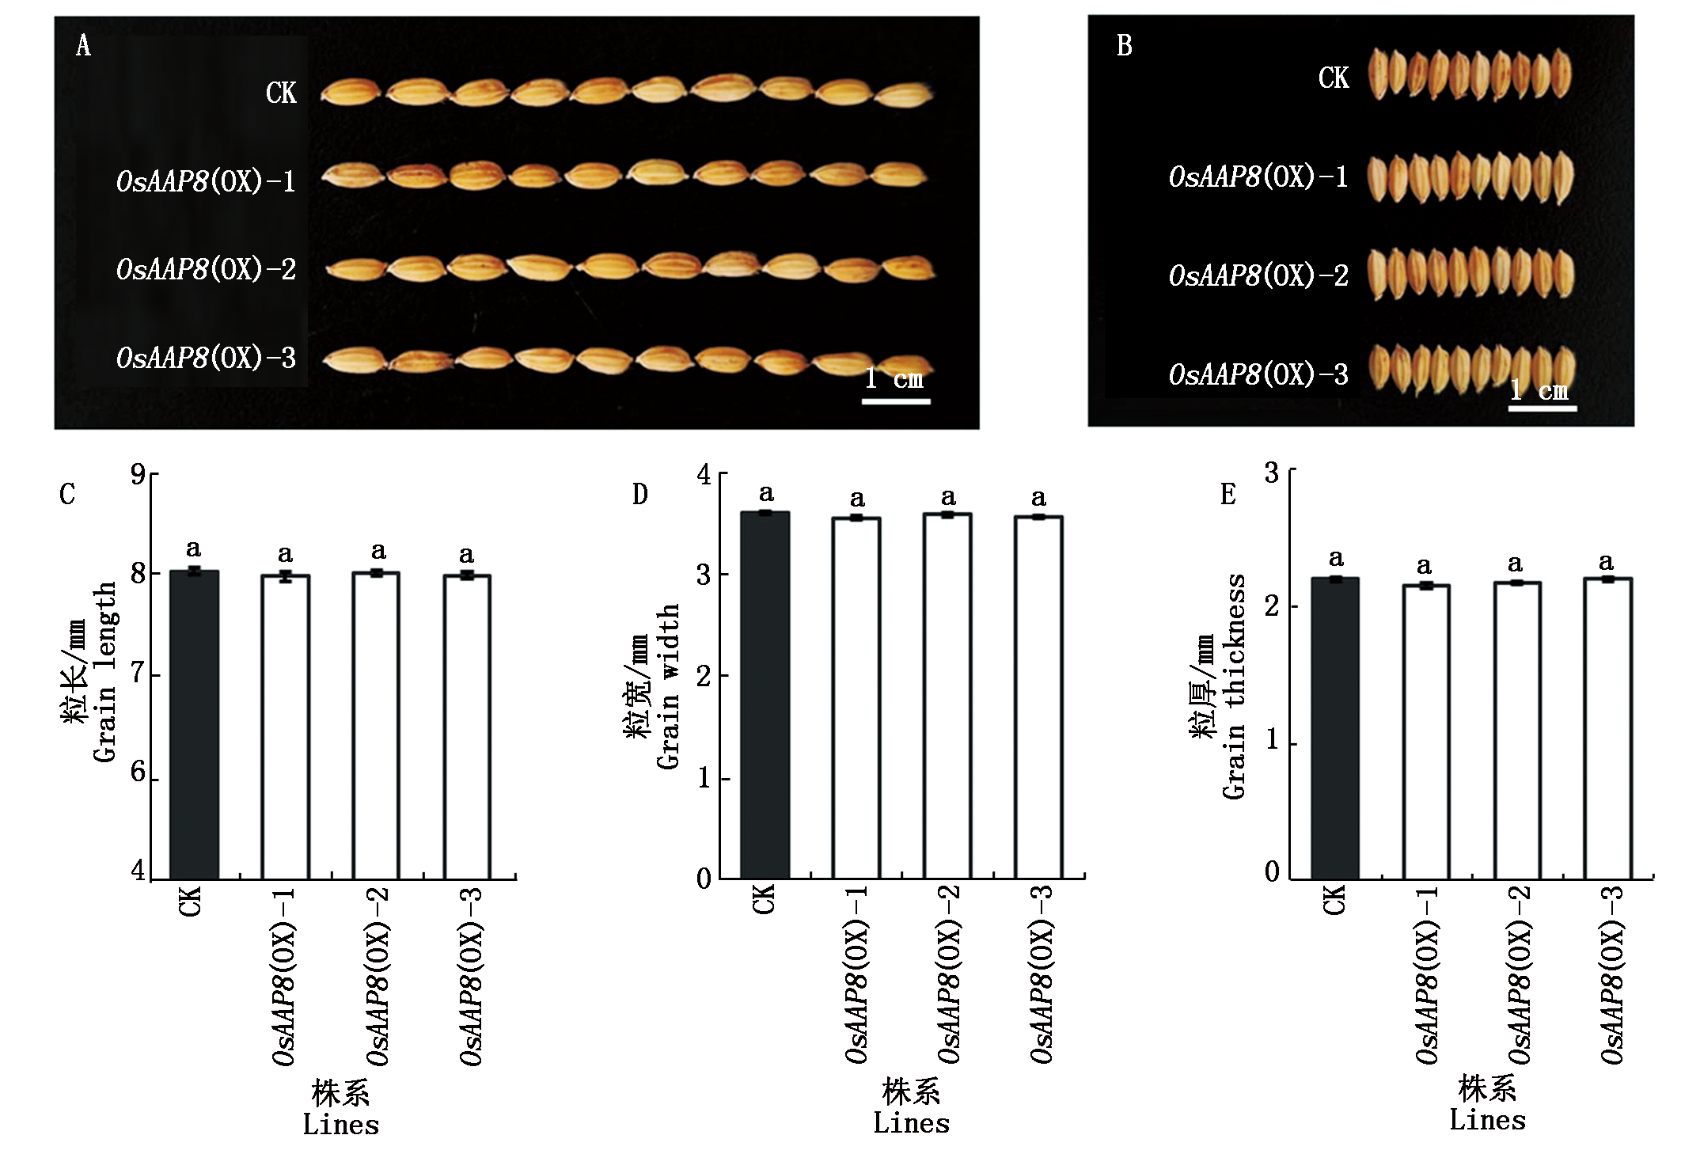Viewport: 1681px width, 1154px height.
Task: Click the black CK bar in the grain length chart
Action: click(194, 724)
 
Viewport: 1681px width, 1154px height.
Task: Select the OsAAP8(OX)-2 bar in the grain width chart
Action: click(947, 697)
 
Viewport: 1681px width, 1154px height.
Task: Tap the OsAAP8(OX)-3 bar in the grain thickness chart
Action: click(1607, 728)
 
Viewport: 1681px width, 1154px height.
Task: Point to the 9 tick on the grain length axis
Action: click(139, 474)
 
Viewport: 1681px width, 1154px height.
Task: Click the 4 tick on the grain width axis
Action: click(704, 475)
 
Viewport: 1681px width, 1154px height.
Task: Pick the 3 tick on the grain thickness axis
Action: click(1272, 473)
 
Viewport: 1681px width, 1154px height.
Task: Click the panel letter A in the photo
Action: click(83, 46)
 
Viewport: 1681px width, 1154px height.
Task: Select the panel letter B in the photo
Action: click(1124, 46)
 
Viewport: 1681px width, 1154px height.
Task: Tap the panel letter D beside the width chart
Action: click(639, 495)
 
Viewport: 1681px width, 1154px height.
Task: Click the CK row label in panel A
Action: click(280, 93)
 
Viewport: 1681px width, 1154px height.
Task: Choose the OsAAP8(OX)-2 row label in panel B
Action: click(1258, 275)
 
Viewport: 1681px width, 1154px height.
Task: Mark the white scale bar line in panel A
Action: click(896, 401)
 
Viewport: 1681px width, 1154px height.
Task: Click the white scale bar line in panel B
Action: click(1542, 408)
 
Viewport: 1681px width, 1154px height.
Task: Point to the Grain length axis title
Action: click(104, 673)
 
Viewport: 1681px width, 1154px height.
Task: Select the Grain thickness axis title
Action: click(1234, 686)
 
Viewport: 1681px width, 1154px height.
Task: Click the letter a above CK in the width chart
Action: click(766, 494)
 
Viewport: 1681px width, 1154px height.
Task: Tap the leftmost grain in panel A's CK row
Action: click(351, 93)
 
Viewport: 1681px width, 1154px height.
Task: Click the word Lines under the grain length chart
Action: click(341, 1125)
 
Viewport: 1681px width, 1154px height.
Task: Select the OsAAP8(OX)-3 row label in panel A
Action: click(206, 358)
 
